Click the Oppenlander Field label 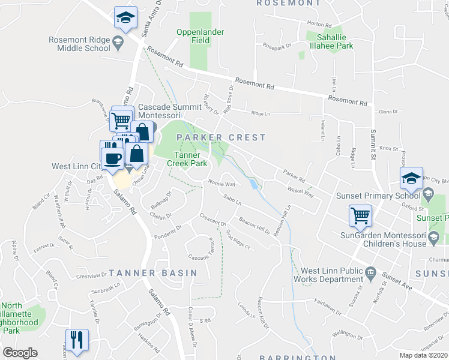[193, 36]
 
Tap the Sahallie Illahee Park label [330, 41]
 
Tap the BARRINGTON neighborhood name [298, 358]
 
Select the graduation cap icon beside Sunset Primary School [411, 178]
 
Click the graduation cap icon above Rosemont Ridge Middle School [125, 17]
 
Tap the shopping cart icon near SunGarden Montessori [360, 215]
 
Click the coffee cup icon [112, 158]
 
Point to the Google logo [20, 353]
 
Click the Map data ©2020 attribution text [423, 355]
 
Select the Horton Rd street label [319, 25]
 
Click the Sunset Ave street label [398, 283]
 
